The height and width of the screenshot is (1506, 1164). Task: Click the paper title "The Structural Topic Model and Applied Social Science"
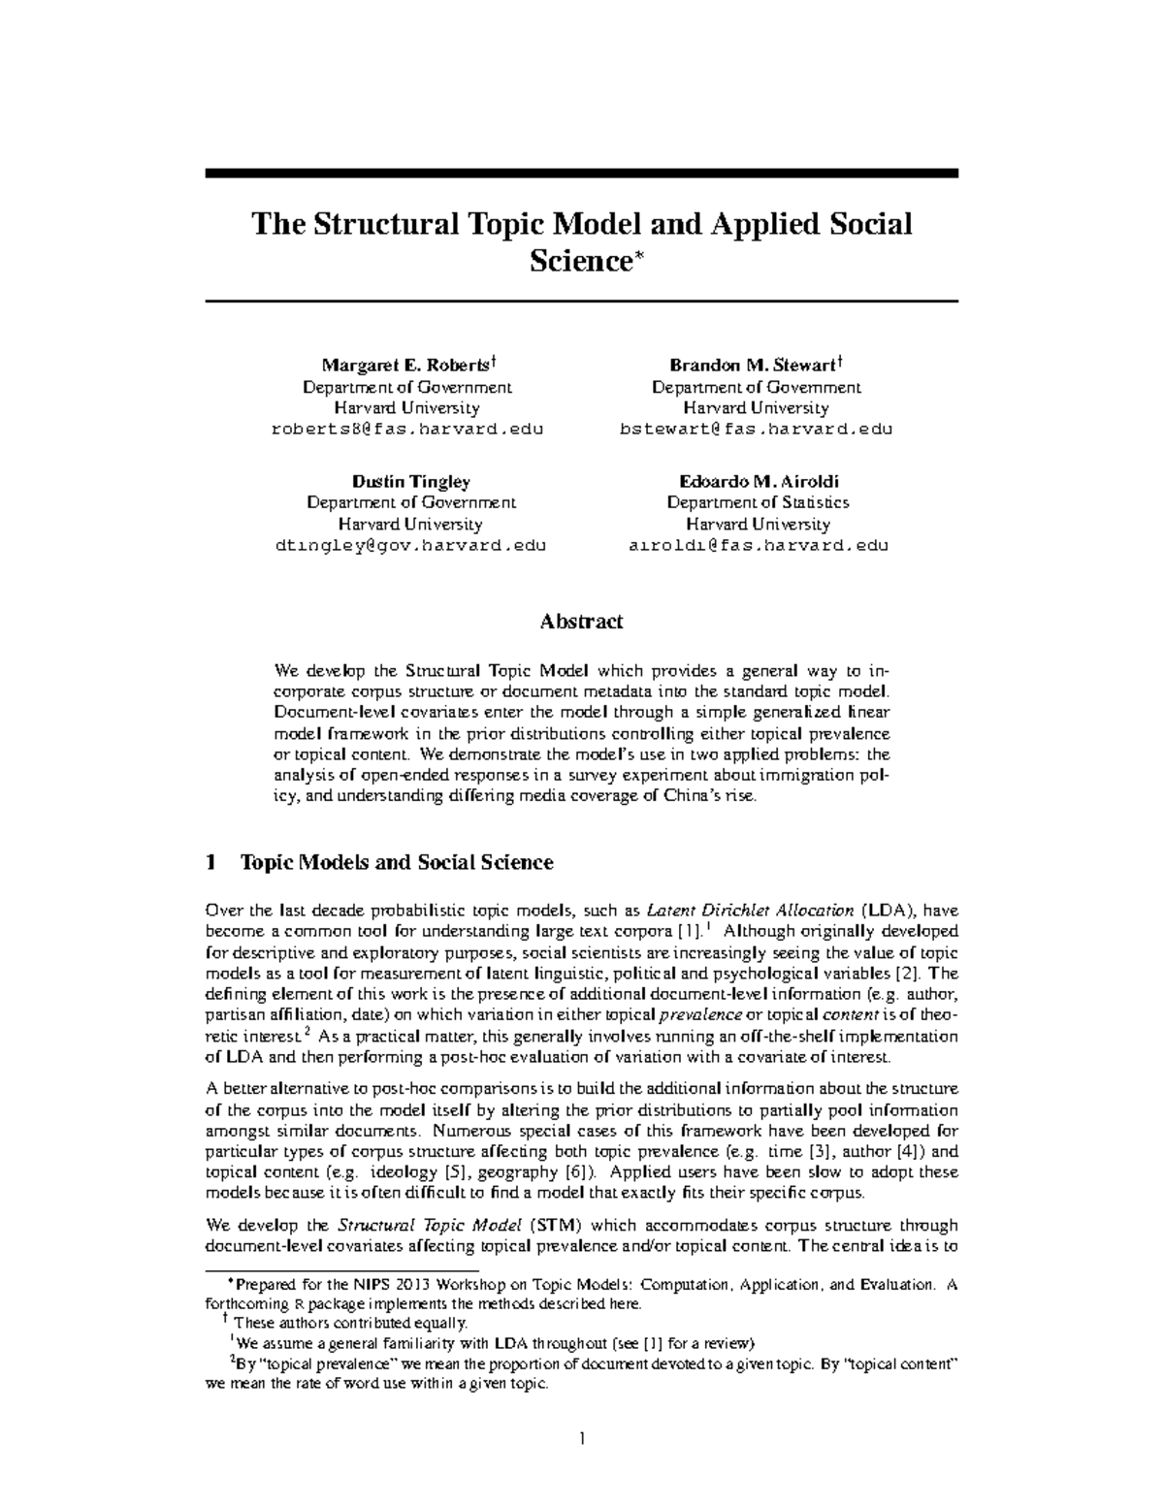tap(581, 241)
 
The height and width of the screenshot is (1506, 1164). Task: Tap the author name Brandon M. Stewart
tap(752, 366)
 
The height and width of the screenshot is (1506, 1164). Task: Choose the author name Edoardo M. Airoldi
tap(758, 482)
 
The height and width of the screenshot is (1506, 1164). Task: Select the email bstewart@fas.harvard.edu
tap(756, 429)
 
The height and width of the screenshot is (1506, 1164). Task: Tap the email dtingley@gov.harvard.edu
tap(410, 545)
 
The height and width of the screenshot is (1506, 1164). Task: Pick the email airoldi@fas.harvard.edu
tap(758, 545)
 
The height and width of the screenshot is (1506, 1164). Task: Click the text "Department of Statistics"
tap(758, 502)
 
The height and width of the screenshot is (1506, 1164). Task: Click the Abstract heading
tap(581, 622)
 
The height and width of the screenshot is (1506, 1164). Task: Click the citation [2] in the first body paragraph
tap(912, 973)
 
